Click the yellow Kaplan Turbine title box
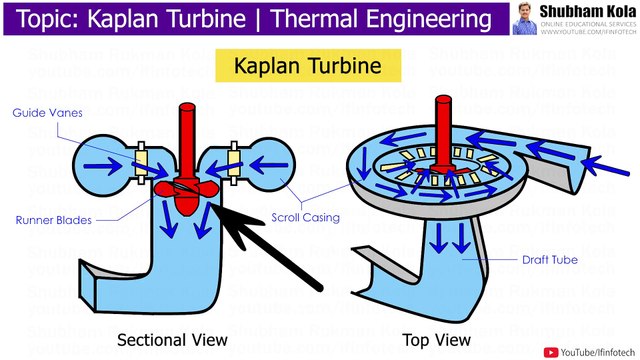tap(309, 67)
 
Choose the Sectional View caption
tap(173, 338)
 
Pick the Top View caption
tap(438, 338)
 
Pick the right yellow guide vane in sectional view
tap(234, 156)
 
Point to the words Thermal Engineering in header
tap(386, 20)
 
